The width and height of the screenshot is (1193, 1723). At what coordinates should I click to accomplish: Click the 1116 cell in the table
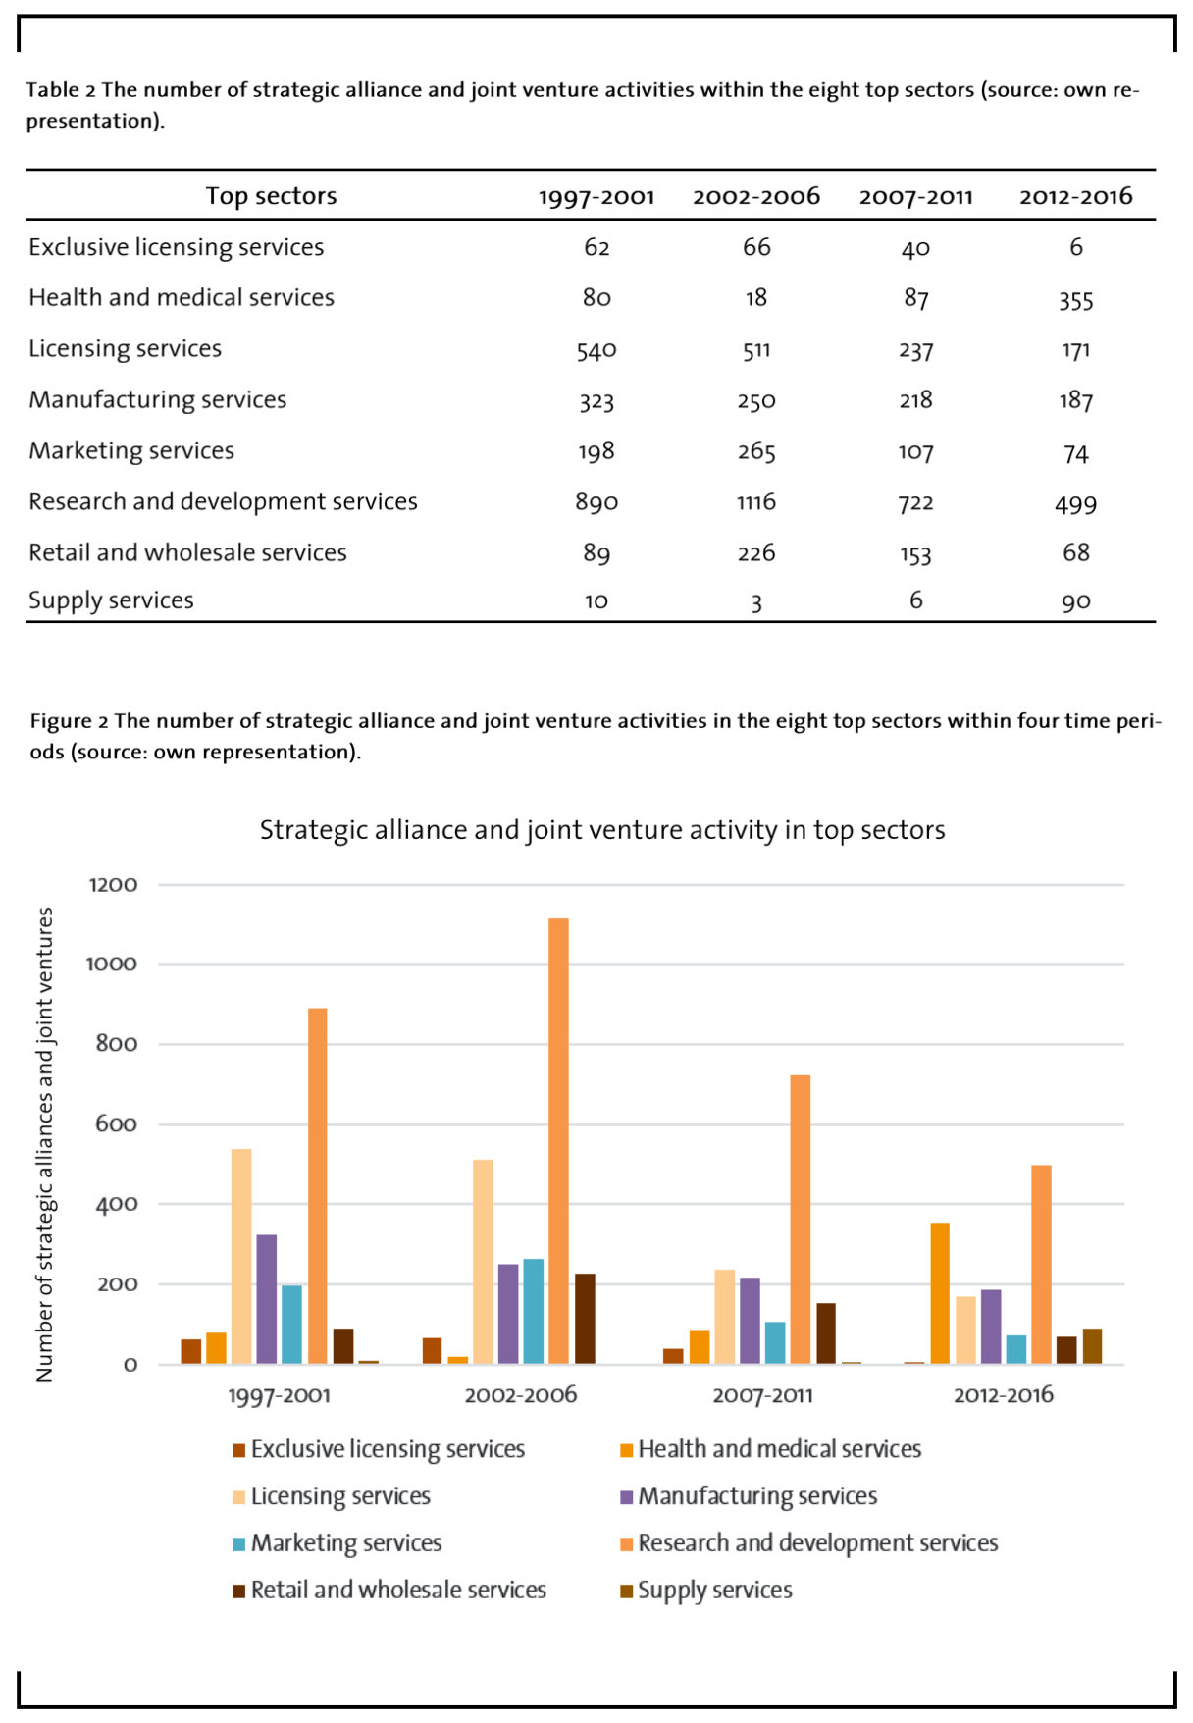pyautogui.click(x=756, y=502)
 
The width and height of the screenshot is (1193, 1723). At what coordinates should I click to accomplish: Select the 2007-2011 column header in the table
pyautogui.click(x=916, y=197)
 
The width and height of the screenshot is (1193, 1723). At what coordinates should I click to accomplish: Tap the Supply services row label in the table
pyautogui.click(x=111, y=600)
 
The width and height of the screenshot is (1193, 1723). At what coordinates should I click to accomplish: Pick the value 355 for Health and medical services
pyautogui.click(x=1076, y=300)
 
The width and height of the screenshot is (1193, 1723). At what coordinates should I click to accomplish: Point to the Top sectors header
pyautogui.click(x=271, y=196)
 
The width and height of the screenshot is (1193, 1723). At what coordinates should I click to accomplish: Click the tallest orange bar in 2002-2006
pyautogui.click(x=558, y=1141)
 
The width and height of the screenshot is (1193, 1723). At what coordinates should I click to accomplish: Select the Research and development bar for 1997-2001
pyautogui.click(x=318, y=1186)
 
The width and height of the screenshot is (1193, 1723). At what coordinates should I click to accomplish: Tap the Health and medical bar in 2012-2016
pyautogui.click(x=940, y=1293)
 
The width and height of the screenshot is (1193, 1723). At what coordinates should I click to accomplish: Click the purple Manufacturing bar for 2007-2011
pyautogui.click(x=750, y=1321)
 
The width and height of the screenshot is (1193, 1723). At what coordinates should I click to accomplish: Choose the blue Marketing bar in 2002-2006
pyautogui.click(x=534, y=1311)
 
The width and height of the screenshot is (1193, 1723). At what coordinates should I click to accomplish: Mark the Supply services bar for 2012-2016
pyautogui.click(x=1092, y=1346)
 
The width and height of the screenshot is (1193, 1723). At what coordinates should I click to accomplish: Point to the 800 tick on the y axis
pyautogui.click(x=117, y=1044)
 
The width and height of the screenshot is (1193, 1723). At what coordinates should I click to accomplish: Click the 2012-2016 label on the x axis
pyautogui.click(x=1004, y=1395)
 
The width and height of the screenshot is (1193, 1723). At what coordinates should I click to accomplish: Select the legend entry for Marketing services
pyautogui.click(x=337, y=1543)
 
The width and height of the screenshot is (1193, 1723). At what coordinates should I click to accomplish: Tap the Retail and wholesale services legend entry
pyautogui.click(x=389, y=1591)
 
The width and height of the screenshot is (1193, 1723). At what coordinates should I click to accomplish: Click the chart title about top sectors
pyautogui.click(x=602, y=830)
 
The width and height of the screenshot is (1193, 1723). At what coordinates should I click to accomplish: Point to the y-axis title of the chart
pyautogui.click(x=44, y=1144)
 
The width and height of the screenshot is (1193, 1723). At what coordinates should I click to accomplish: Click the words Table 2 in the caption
pyautogui.click(x=61, y=90)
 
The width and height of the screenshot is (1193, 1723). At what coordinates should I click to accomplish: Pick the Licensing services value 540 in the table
pyautogui.click(x=596, y=351)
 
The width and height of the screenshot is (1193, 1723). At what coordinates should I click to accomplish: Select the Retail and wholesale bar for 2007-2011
pyautogui.click(x=826, y=1333)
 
